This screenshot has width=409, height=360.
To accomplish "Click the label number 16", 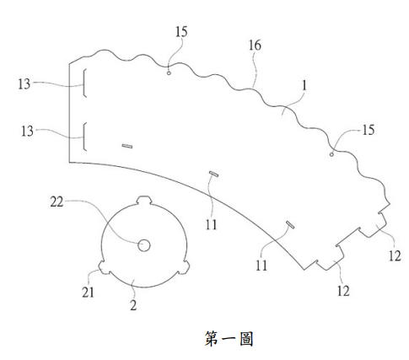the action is point(255,46).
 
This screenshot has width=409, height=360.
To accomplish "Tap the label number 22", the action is point(57,201).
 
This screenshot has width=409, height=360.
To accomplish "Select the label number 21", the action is point(88,293).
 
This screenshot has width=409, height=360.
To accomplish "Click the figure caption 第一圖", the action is point(229,338).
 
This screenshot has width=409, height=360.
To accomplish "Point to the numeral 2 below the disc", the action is point(133,305).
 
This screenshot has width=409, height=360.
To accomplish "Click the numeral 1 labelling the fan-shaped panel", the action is point(304,85).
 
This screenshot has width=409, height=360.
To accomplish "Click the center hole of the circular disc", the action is point(144,245).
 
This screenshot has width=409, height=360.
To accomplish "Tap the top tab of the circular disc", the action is point(144,200).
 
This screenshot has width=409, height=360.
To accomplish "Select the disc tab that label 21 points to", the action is point(104,267).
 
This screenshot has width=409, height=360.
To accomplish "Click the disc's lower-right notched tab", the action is point(184,267).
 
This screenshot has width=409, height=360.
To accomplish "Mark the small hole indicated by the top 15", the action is point(169,73).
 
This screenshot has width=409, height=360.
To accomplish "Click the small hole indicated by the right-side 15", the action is point(331,154).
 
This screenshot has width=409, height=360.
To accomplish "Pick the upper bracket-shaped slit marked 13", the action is point(84,83).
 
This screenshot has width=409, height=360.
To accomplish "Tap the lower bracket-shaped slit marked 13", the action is point(84,137).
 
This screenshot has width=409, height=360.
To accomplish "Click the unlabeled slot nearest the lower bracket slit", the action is point(127,146).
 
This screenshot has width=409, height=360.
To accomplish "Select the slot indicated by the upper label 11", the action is point(214,174).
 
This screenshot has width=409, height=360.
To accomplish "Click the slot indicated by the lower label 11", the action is point(290,225).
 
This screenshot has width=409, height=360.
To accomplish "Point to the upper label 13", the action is point(24,84).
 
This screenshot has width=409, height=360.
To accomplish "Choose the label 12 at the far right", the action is point(395,255).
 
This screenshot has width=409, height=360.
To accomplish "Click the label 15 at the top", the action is point(181,32).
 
